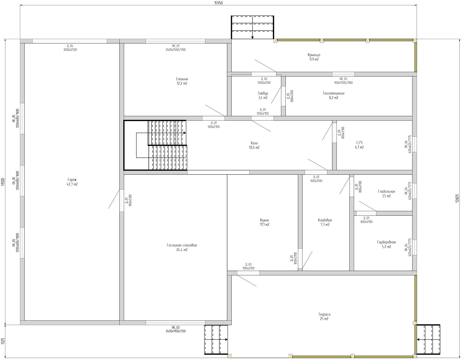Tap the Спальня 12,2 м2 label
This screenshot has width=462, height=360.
182,81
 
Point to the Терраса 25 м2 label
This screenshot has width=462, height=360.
324,317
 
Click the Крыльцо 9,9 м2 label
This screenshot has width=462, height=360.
314,57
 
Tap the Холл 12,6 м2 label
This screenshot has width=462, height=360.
254,145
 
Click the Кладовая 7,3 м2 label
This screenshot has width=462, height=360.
325,222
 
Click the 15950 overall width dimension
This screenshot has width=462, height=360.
219,3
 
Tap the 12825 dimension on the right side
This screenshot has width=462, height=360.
458,199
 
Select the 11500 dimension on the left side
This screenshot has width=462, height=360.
3,182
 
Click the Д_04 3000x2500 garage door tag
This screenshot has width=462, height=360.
70,48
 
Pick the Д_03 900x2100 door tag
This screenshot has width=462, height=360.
248,266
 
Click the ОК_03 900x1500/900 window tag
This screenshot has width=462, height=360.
343,81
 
